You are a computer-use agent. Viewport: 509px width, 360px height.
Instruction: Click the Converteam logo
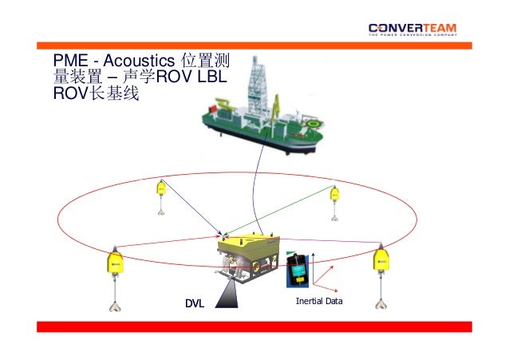click(412, 30)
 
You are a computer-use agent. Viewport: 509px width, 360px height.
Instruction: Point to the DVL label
click(195, 303)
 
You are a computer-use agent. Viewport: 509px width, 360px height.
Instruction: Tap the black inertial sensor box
click(297, 270)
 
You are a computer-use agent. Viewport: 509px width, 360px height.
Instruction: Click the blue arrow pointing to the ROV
click(192, 212)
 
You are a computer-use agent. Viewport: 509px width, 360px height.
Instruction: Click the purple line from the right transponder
click(335, 242)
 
